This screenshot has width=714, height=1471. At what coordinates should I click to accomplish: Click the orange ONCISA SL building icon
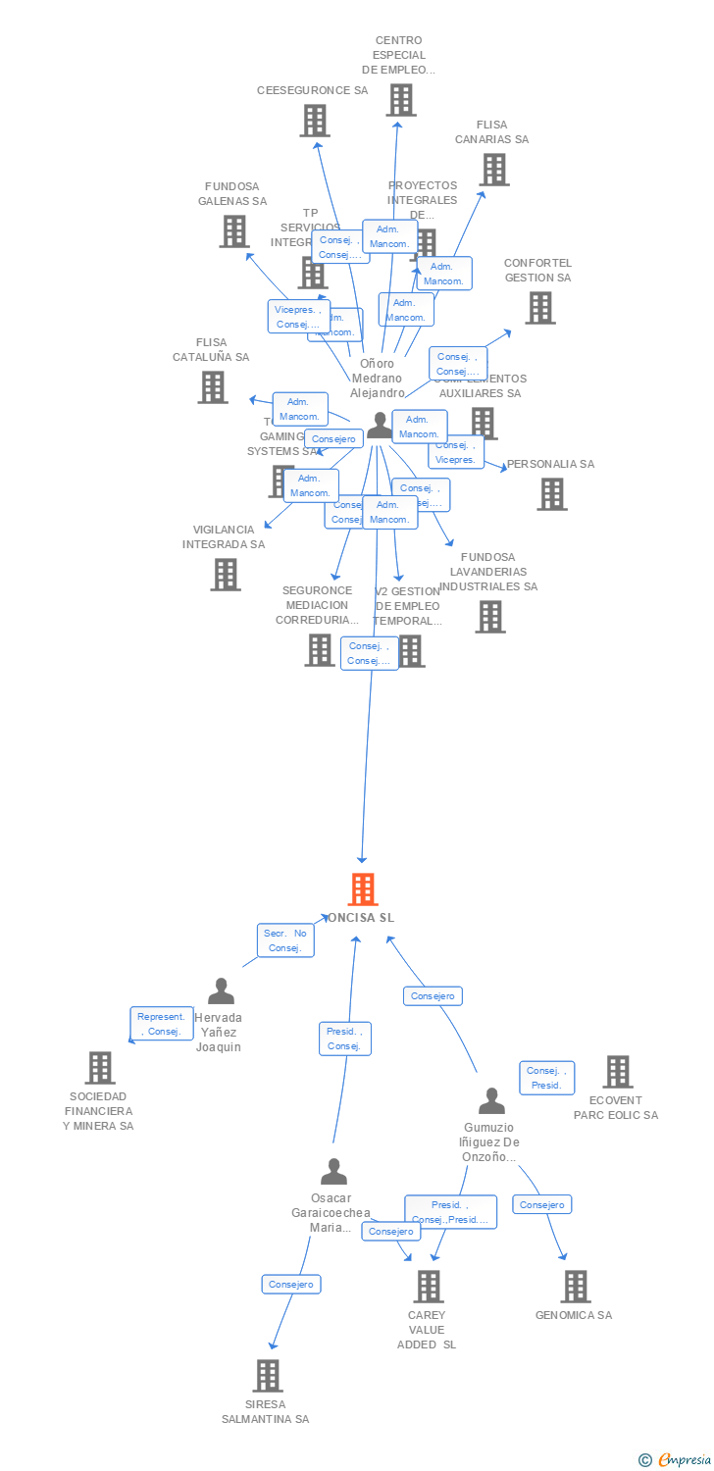click(363, 889)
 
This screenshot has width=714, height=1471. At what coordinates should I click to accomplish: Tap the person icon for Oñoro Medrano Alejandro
click(380, 426)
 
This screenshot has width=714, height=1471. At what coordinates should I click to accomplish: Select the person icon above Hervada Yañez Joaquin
click(221, 991)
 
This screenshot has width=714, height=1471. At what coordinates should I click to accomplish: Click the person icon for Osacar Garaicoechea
click(333, 1172)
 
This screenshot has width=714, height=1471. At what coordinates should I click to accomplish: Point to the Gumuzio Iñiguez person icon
click(490, 1101)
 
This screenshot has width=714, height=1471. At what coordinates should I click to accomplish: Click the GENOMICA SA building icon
click(575, 1286)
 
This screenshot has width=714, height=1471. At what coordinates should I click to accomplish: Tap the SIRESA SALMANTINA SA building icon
click(267, 1376)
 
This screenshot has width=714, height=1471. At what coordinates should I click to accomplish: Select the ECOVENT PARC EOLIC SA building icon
click(617, 1072)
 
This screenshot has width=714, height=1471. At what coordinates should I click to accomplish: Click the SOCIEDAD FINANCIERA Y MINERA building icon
click(99, 1068)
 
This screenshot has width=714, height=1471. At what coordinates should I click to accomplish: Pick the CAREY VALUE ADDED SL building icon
click(428, 1286)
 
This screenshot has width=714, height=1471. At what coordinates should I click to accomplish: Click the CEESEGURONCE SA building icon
click(314, 121)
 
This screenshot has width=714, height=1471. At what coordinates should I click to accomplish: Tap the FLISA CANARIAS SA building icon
click(493, 170)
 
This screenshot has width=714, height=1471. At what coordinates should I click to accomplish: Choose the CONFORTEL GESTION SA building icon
click(538, 308)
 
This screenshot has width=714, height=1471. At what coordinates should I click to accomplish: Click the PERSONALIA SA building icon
click(551, 493)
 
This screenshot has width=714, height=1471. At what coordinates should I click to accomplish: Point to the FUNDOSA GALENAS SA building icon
click(233, 231)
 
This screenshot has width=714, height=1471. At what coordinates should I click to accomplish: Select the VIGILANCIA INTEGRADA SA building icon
click(225, 575)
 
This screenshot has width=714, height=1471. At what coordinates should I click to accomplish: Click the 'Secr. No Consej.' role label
click(286, 940)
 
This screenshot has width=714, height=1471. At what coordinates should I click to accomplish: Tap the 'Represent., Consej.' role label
click(161, 1024)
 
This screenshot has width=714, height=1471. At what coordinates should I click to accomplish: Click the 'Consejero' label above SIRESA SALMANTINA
click(291, 1284)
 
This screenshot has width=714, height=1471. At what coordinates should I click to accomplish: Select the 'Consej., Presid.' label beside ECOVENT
click(546, 1078)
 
